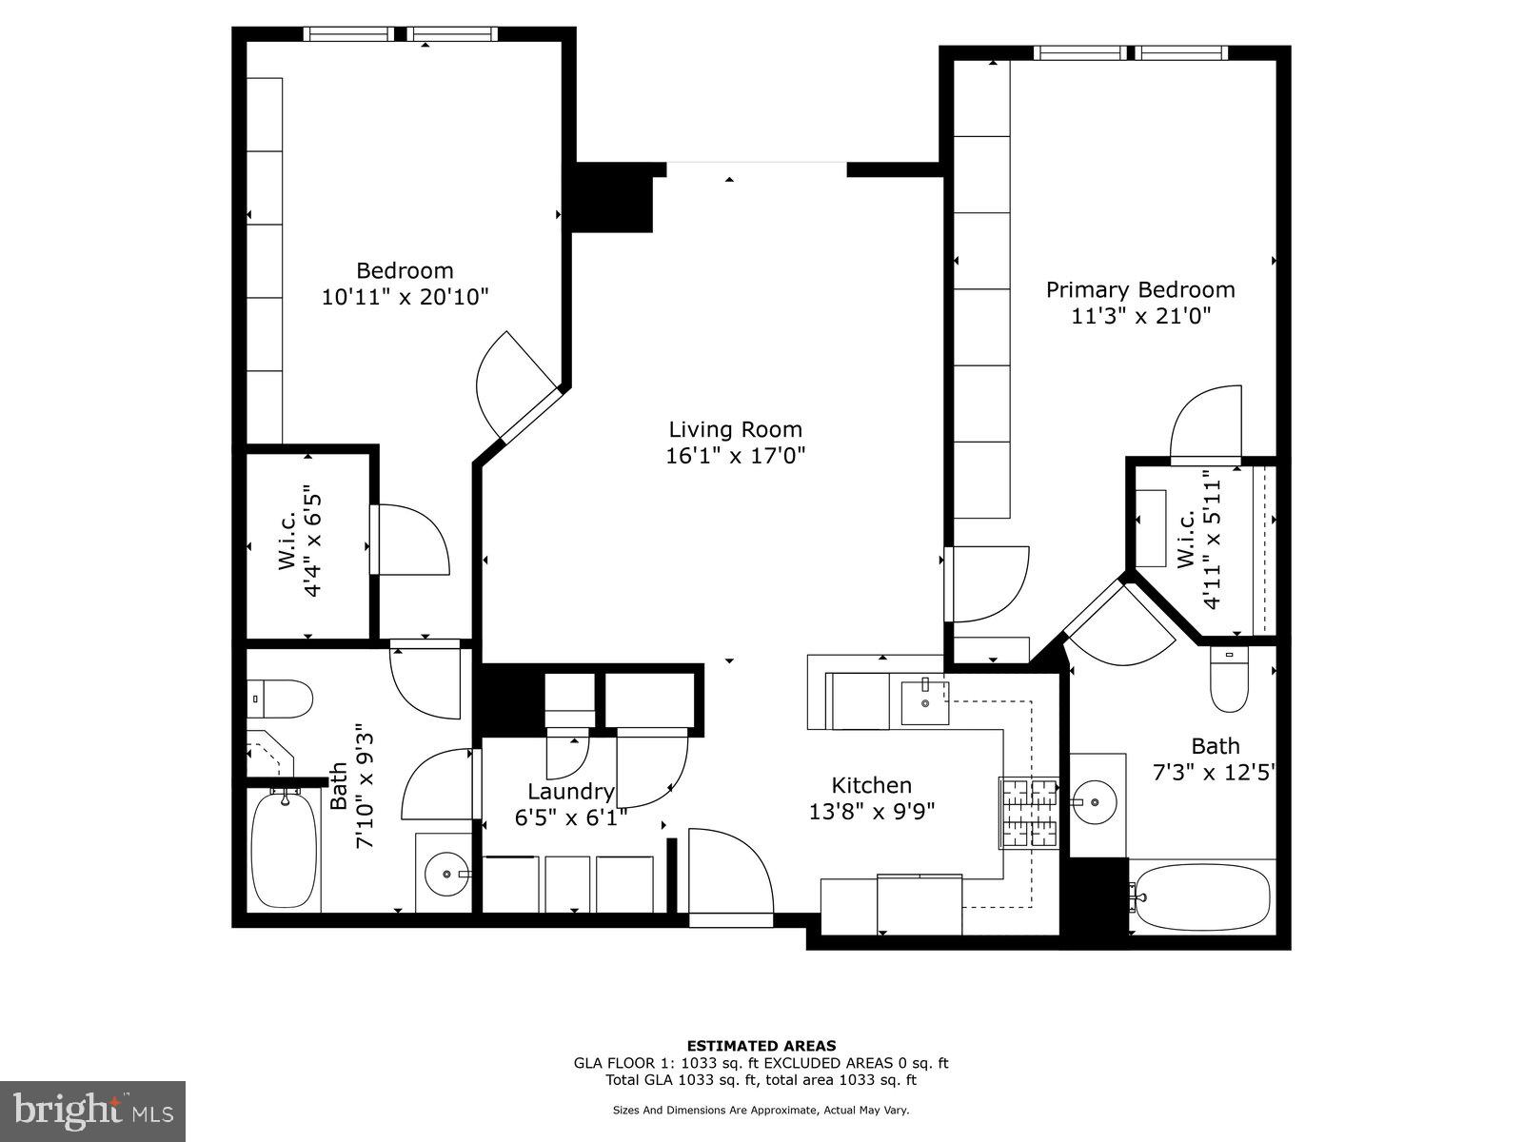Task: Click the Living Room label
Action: pyautogui.click(x=735, y=429)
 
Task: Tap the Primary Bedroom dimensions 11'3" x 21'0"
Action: pyautogui.click(x=1140, y=316)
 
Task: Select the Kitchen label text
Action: pyautogui.click(x=871, y=785)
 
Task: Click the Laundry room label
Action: pyautogui.click(x=571, y=792)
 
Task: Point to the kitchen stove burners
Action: pyautogui.click(x=1028, y=812)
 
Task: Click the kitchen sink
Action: pyautogui.click(x=924, y=702)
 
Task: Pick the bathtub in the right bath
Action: pyautogui.click(x=1202, y=897)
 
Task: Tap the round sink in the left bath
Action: pyautogui.click(x=445, y=873)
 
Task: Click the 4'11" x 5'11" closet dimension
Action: pyautogui.click(x=1210, y=539)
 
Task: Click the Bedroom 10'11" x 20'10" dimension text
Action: pyautogui.click(x=405, y=297)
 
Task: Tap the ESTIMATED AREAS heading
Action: pyautogui.click(x=761, y=1046)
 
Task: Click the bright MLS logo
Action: pyautogui.click(x=93, y=1109)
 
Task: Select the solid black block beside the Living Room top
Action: pyautogui.click(x=612, y=198)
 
